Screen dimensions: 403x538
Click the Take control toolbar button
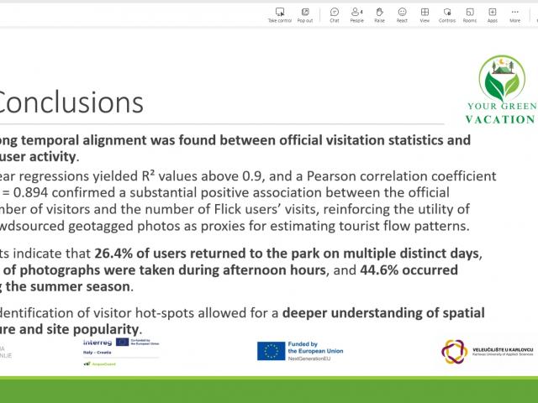pyautogui.click(x=279, y=13)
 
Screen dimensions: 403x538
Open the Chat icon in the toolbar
pyautogui.click(x=335, y=13)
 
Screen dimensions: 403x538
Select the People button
pyautogui.click(x=356, y=13)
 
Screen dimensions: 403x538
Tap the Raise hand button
pyautogui.click(x=379, y=13)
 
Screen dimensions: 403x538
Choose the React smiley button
pyautogui.click(x=402, y=13)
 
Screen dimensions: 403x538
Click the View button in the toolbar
pyautogui.click(x=425, y=13)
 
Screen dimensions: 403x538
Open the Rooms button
pyautogui.click(x=469, y=13)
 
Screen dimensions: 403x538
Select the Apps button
pyautogui.click(x=492, y=13)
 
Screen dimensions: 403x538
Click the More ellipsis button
pyautogui.click(x=514, y=13)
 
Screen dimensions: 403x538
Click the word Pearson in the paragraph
pyautogui.click(x=364, y=176)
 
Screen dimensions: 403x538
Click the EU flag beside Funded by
pyautogui.click(x=271, y=349)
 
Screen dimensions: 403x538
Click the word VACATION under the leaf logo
pyautogui.click(x=501, y=119)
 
